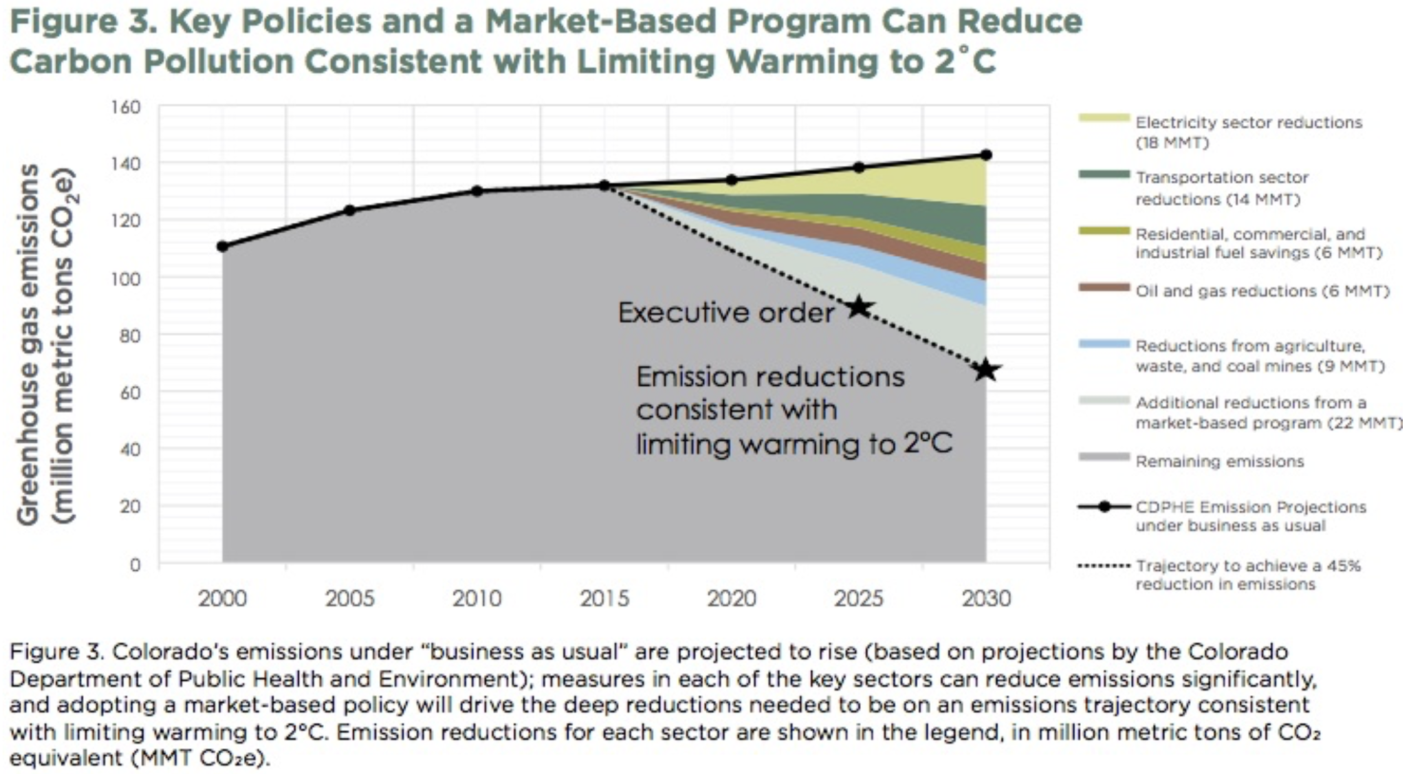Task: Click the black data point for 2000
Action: click(x=223, y=246)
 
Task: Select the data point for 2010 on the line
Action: click(x=477, y=191)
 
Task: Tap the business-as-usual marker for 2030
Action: click(x=986, y=154)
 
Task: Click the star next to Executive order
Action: click(x=859, y=306)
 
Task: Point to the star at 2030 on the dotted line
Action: click(x=986, y=369)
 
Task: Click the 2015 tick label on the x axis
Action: click(x=604, y=598)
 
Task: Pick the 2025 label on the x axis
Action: click(x=858, y=598)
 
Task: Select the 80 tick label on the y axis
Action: click(x=129, y=336)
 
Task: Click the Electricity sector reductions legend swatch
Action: click(x=1104, y=118)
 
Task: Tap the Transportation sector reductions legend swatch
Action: click(x=1104, y=174)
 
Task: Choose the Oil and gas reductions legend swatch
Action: click(x=1104, y=288)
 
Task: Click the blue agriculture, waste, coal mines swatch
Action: click(x=1104, y=344)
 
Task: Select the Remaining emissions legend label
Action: click(x=1220, y=461)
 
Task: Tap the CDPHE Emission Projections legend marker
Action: click(x=1104, y=506)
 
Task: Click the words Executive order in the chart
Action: click(x=726, y=312)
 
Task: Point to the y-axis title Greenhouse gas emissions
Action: click(x=28, y=344)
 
